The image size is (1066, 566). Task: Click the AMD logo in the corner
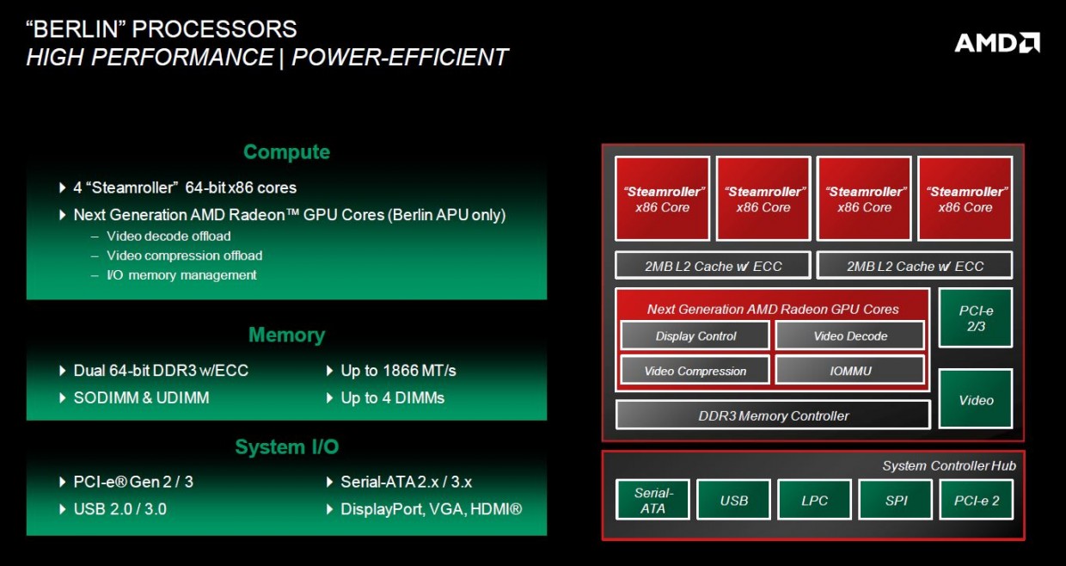point(997,42)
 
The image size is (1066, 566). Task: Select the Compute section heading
point(286,152)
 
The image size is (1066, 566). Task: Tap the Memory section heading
point(286,335)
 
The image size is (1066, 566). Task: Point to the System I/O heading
point(286,447)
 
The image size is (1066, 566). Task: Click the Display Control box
point(695,336)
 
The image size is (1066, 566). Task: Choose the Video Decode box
point(849,336)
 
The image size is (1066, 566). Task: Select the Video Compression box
point(695,372)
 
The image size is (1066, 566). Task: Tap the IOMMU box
point(849,372)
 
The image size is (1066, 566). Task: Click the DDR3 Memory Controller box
point(773,415)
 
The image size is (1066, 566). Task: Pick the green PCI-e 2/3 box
point(976,318)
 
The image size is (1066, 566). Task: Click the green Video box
point(976,400)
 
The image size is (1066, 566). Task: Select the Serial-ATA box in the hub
point(652,501)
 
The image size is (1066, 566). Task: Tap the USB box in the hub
point(733,501)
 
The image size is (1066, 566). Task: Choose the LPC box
point(814,501)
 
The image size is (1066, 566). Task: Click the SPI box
point(896,501)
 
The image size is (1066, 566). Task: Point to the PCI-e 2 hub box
point(977,501)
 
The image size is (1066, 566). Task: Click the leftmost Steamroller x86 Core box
point(663,199)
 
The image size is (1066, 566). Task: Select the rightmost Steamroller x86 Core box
point(965,199)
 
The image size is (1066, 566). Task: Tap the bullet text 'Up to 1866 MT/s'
point(398,371)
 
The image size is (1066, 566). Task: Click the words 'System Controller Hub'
point(948,465)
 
